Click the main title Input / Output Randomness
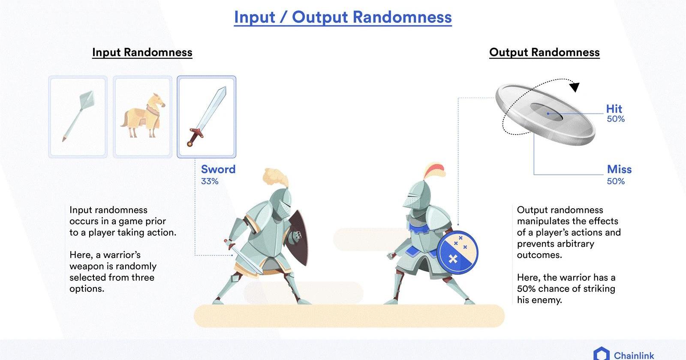[x=343, y=17]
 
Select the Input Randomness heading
[x=142, y=52]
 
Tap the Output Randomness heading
[x=544, y=52]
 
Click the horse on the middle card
[x=143, y=116]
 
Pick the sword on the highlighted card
[x=207, y=116]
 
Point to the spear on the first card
[x=78, y=116]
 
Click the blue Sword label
[x=218, y=169]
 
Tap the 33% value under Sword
[x=210, y=182]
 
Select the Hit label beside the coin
[x=614, y=109]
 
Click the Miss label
[x=619, y=169]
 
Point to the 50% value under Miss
[x=616, y=182]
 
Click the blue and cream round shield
[x=457, y=252]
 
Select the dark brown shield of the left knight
[x=298, y=237]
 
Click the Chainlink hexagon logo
[x=602, y=354]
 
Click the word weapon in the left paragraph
[x=88, y=266]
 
